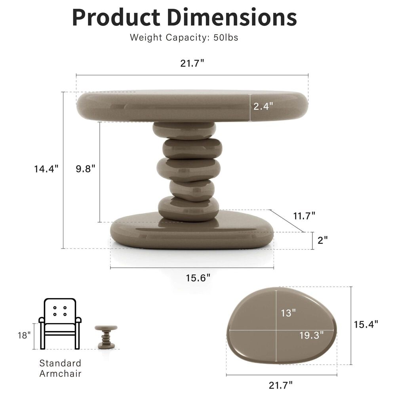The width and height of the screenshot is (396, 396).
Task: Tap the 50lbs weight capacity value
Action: pyautogui.click(x=226, y=38)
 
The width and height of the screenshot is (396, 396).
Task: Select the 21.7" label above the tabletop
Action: pyautogui.click(x=192, y=63)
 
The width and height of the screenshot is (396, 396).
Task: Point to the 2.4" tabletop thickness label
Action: pyautogui.click(x=263, y=106)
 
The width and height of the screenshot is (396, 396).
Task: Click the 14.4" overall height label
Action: pyautogui.click(x=46, y=169)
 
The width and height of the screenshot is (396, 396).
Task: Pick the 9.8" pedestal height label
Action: pyautogui.click(x=86, y=169)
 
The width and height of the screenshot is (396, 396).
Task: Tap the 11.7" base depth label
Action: pyautogui.click(x=304, y=216)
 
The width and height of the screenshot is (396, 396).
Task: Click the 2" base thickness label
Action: pyautogui.click(x=322, y=240)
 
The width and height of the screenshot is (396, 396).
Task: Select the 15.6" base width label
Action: pyautogui.click(x=198, y=278)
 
